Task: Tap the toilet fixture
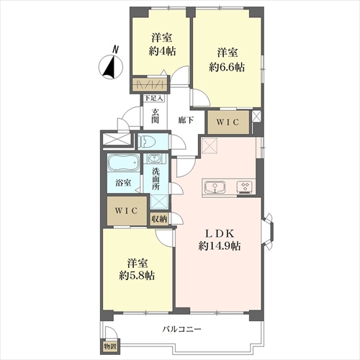[x=146, y=142]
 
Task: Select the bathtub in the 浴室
[x=123, y=163]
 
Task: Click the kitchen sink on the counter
[x=215, y=187]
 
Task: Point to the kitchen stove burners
[x=245, y=187]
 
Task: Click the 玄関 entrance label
[x=156, y=116]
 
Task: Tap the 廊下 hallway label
[x=186, y=120]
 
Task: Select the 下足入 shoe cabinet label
[x=154, y=98]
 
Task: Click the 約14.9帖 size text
[x=220, y=246]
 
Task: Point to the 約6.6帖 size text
[x=227, y=68]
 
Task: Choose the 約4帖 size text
[x=162, y=51]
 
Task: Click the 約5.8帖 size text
[x=137, y=276]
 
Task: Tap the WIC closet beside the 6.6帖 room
[x=228, y=122]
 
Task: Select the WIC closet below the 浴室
[x=127, y=211]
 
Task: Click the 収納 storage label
[x=159, y=219]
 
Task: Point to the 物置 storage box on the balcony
[x=110, y=346]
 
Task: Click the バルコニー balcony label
[x=181, y=329]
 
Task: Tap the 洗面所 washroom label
[x=156, y=179]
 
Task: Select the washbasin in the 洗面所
[x=153, y=158]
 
